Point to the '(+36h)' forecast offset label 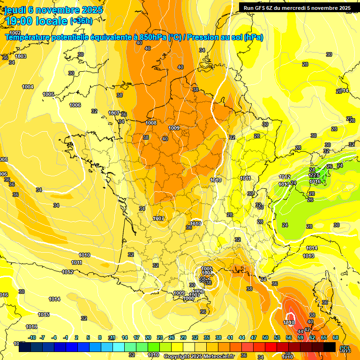[81, 21]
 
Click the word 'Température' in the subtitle [29, 37]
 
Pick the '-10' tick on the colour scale [32, 337]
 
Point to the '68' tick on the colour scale [336, 337]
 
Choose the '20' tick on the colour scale [148, 337]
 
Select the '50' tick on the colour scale [265, 337]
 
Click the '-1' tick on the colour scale [66, 337]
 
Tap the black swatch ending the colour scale [330, 347]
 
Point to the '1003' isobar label [21, 56]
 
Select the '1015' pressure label [44, 315]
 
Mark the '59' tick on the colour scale [300, 337]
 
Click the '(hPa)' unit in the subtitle [254, 37]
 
